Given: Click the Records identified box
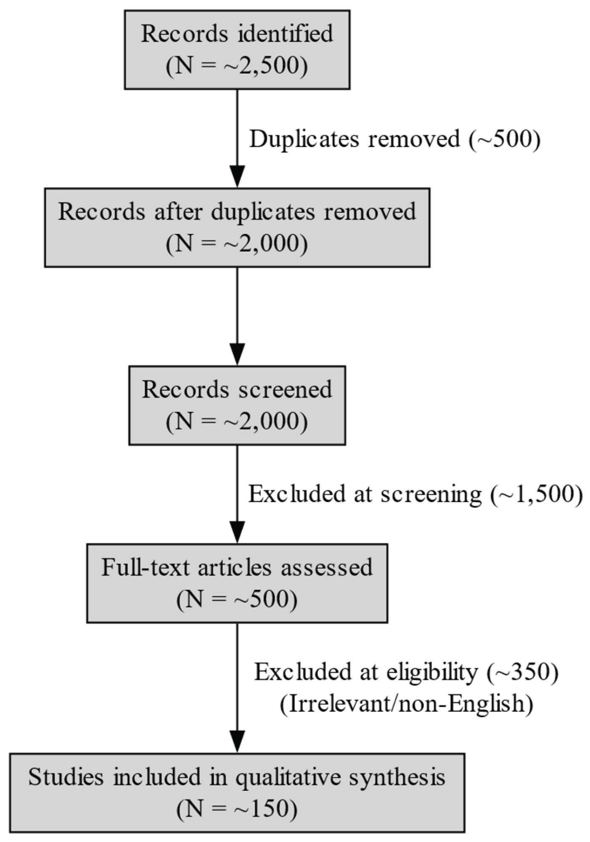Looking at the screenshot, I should pos(237,50).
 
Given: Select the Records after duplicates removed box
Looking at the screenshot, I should pos(237,227).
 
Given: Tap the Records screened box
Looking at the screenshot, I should pos(237,405).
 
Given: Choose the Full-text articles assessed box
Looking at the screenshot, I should pos(237,583).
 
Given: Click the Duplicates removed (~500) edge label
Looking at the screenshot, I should pos(394,139).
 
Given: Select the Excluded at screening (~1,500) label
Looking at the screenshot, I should pos(415,494).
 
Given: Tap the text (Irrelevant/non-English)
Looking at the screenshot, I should pos(406,704).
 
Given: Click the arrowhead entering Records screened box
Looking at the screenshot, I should pos(237,354).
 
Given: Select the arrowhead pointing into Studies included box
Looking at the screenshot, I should pos(237,741).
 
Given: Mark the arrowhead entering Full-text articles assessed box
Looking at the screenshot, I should pos(237,532).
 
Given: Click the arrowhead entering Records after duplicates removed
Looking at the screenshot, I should pos(237,176).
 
